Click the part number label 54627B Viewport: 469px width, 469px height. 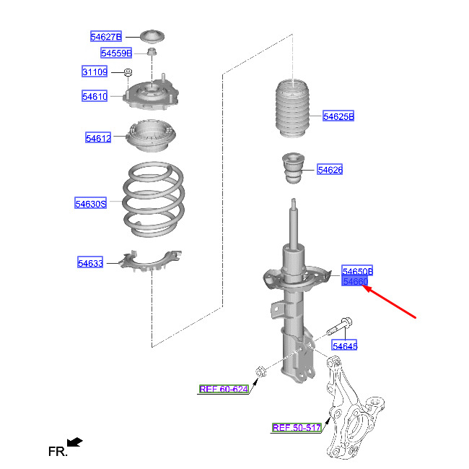(x=106, y=36)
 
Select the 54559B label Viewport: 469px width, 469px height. (x=116, y=53)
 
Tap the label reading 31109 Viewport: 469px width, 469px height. (x=95, y=72)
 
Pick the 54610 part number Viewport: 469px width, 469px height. (x=95, y=96)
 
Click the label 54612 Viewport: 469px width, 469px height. (x=98, y=137)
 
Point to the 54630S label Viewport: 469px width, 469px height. (x=91, y=204)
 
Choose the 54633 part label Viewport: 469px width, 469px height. (x=91, y=263)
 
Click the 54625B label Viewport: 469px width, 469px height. (x=338, y=116)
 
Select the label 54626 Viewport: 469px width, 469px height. (x=330, y=171)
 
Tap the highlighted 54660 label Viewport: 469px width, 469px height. (x=356, y=281)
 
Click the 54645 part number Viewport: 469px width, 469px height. (x=345, y=346)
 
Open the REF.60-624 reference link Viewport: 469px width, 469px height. (x=224, y=390)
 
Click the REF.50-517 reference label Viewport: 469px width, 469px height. (x=297, y=428)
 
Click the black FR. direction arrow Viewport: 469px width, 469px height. (x=74, y=441)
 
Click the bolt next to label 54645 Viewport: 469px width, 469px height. (x=339, y=327)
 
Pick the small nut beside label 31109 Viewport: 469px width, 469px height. (x=127, y=72)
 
